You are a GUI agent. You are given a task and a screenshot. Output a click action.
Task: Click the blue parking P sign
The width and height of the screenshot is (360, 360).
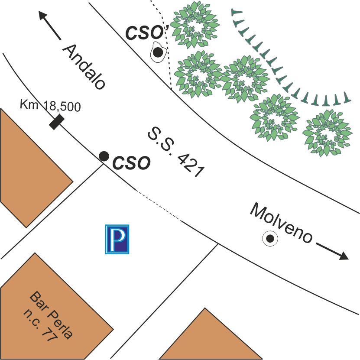(117, 239)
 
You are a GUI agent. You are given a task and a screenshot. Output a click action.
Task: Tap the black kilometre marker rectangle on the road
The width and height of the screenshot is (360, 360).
(57, 122)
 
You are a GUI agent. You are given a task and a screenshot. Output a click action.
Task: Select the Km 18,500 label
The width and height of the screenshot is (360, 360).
(50, 106)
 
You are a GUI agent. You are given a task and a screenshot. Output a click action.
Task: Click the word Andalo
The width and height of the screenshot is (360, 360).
(84, 67)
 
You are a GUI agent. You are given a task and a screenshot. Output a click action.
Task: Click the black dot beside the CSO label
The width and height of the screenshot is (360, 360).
(104, 156)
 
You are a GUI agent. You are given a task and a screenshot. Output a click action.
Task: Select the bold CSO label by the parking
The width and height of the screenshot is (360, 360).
(131, 164)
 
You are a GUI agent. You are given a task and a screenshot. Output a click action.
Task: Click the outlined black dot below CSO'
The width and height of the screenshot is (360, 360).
(159, 53)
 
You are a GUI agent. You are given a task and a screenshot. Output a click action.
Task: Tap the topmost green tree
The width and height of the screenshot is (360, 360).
(193, 25)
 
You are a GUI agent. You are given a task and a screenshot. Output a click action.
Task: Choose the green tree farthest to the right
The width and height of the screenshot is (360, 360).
(326, 133)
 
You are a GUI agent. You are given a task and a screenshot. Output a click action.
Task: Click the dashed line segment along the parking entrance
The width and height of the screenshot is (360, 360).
(158, 205)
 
